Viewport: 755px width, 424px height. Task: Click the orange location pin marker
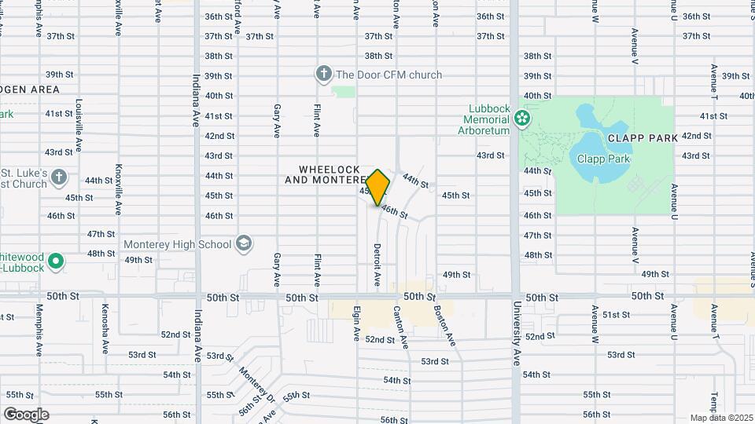[377, 187]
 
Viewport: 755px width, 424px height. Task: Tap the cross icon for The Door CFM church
[323, 75]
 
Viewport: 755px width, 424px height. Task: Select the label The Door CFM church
[389, 75]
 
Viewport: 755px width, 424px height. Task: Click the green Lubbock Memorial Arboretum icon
[521, 119]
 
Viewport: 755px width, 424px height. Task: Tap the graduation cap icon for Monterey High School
[244, 244]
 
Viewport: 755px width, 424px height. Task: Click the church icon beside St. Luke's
[59, 178]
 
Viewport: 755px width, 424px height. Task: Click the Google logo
[26, 415]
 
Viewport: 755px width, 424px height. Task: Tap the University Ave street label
[517, 336]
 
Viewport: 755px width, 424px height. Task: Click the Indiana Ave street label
[197, 101]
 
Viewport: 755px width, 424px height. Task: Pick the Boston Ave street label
[444, 326]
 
